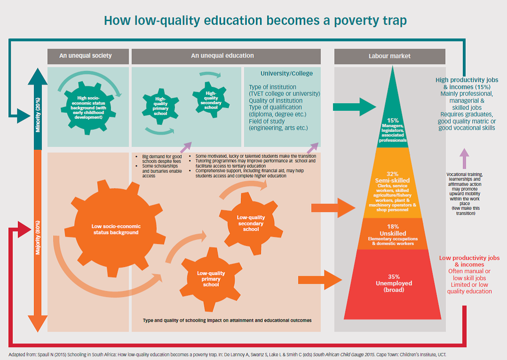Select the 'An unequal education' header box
pos(226,56)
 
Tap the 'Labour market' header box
pos(390,56)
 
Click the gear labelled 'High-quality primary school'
pos(161,107)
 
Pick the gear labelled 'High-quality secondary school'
pos(211,100)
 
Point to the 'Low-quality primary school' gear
pos(211,279)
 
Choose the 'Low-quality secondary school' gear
pos(251,223)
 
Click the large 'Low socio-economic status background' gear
pos(115,229)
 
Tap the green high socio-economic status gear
pos(88,107)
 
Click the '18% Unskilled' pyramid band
pos(393,234)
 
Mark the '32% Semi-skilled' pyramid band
pos(392,183)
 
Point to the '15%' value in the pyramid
pos(393,121)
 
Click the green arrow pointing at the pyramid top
pos(354,107)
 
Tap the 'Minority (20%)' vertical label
pos(38,115)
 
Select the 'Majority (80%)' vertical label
pos(38,237)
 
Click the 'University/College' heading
pos(286,73)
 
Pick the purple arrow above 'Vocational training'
pos(464,158)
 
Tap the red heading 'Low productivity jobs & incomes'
pos(469,261)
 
